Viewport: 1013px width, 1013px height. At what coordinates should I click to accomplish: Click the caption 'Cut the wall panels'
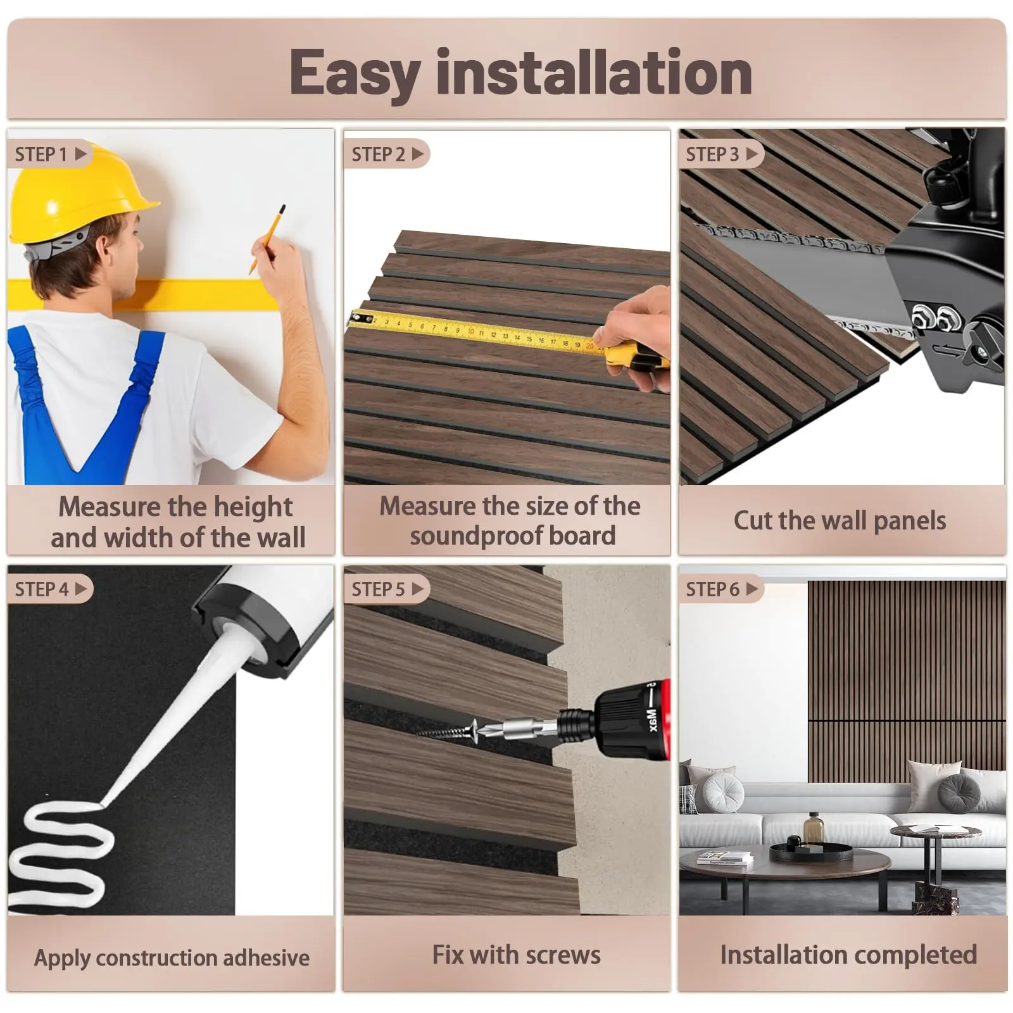840,521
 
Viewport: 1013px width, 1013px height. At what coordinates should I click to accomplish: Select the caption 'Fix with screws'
516,955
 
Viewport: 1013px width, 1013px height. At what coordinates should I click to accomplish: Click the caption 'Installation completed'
848,955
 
